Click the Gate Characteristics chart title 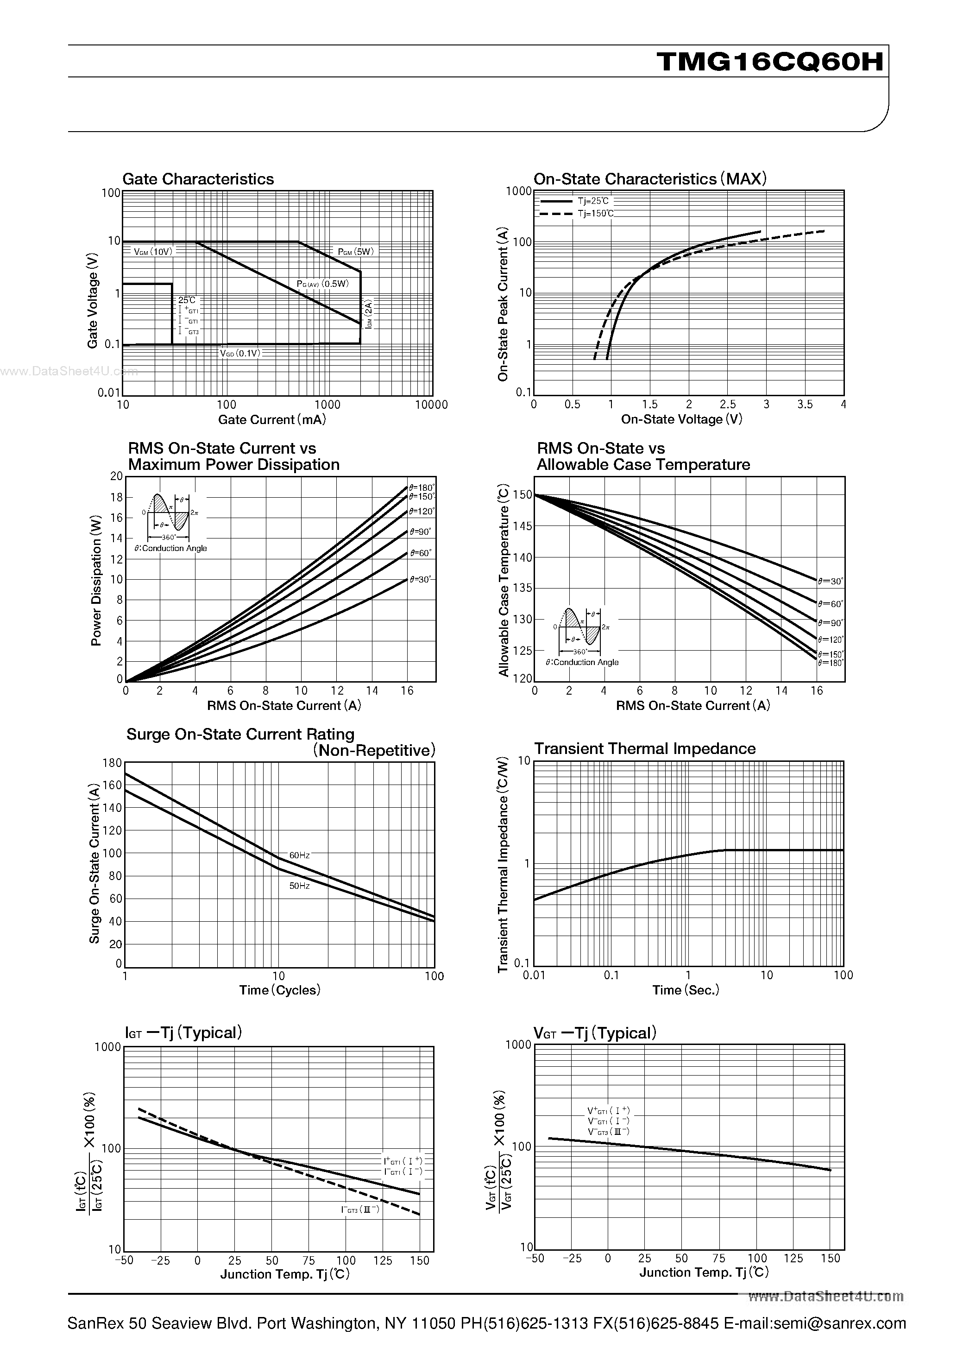198,179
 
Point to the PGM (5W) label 356,252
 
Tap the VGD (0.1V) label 240,353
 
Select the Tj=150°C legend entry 595,214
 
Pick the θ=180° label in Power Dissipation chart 421,488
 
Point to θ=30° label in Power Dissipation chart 420,580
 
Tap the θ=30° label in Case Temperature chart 831,581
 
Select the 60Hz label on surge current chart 299,855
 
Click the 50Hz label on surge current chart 299,886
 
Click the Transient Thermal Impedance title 644,749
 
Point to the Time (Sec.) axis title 686,990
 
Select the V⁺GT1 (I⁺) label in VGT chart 608,1111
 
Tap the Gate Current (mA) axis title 272,419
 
